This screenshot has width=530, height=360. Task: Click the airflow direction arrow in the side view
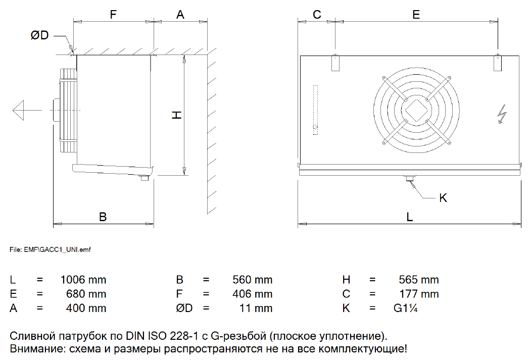pyautogui.click(x=27, y=110)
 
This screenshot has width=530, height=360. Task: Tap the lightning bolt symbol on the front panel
pyautogui.click(x=502, y=114)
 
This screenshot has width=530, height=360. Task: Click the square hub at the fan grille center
pyautogui.click(x=416, y=110)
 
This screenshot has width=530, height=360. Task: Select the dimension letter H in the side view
pyautogui.click(x=176, y=115)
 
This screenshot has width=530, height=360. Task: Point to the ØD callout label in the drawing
pyautogui.click(x=39, y=35)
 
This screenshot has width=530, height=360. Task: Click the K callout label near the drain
pyautogui.click(x=443, y=197)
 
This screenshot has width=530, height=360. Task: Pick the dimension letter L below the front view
pyautogui.click(x=409, y=217)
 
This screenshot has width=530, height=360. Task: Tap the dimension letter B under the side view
pyautogui.click(x=103, y=217)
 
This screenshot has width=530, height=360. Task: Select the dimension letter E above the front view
pyautogui.click(x=416, y=15)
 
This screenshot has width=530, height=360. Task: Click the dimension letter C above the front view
pyautogui.click(x=317, y=15)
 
